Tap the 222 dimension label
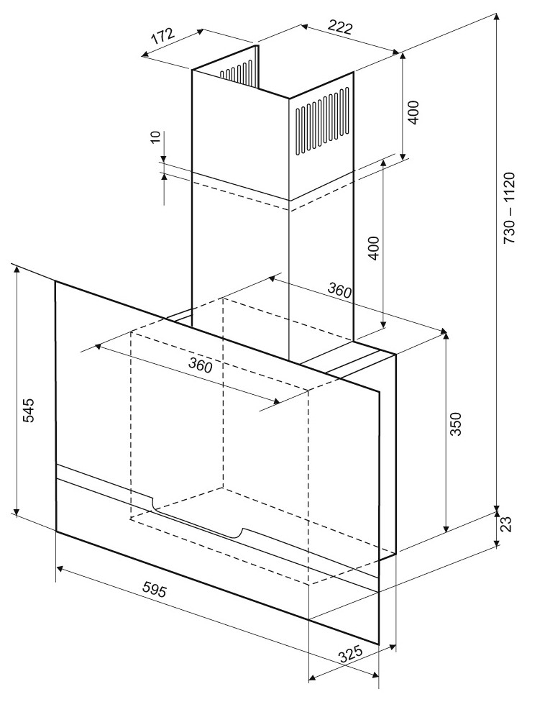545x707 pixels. point(339,27)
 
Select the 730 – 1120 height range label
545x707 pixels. point(508,208)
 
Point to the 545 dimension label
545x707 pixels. point(27,410)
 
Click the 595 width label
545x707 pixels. point(155,589)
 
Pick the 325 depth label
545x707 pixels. point(351,654)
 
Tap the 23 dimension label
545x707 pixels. point(506,524)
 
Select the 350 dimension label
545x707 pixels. point(456,424)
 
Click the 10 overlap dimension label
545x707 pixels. point(155,137)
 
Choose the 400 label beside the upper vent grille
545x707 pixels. point(413,113)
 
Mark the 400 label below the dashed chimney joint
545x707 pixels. point(374,247)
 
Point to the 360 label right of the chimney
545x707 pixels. point(339,290)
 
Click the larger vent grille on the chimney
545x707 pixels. point(323,123)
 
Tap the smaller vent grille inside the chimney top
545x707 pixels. point(236,71)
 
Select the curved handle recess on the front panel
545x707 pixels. point(197,520)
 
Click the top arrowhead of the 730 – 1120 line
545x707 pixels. point(497,17)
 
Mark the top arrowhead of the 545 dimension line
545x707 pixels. point(17,269)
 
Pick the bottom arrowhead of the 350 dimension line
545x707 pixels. point(446,528)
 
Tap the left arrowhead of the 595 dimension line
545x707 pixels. point(60,569)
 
